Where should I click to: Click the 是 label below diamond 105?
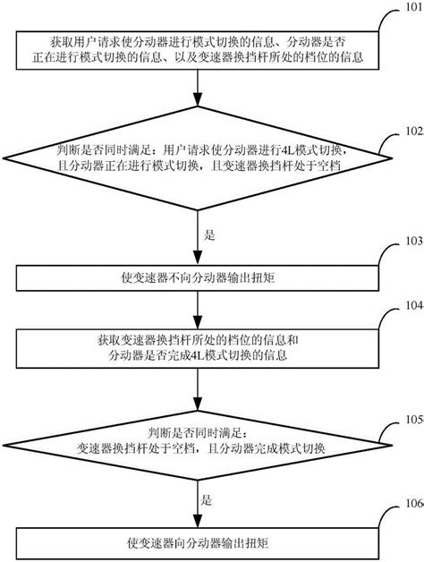211,503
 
